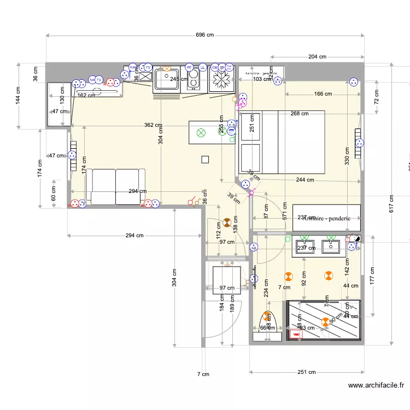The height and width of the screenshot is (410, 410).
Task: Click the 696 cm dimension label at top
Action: (x=205, y=34)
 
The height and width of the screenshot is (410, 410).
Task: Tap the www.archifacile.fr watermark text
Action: (x=378, y=385)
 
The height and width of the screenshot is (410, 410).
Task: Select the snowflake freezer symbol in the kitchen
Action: (x=222, y=81)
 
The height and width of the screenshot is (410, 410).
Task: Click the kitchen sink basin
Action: (x=166, y=80)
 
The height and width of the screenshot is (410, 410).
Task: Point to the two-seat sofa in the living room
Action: (x=115, y=187)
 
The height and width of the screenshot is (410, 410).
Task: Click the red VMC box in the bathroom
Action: (x=296, y=333)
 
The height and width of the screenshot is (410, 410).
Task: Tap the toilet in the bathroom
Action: (x=267, y=326)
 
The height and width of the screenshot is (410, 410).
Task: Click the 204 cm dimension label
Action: (x=317, y=56)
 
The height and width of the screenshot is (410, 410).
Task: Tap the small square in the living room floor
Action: (x=205, y=160)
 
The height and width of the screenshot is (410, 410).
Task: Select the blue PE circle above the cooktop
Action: (x=190, y=67)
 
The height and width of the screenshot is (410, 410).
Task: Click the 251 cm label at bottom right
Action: (x=307, y=372)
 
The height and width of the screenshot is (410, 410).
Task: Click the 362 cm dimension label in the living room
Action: (x=154, y=125)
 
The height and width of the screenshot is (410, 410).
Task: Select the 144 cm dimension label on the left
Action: (x=17, y=96)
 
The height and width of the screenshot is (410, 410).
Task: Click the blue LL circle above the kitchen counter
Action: (x=203, y=67)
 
